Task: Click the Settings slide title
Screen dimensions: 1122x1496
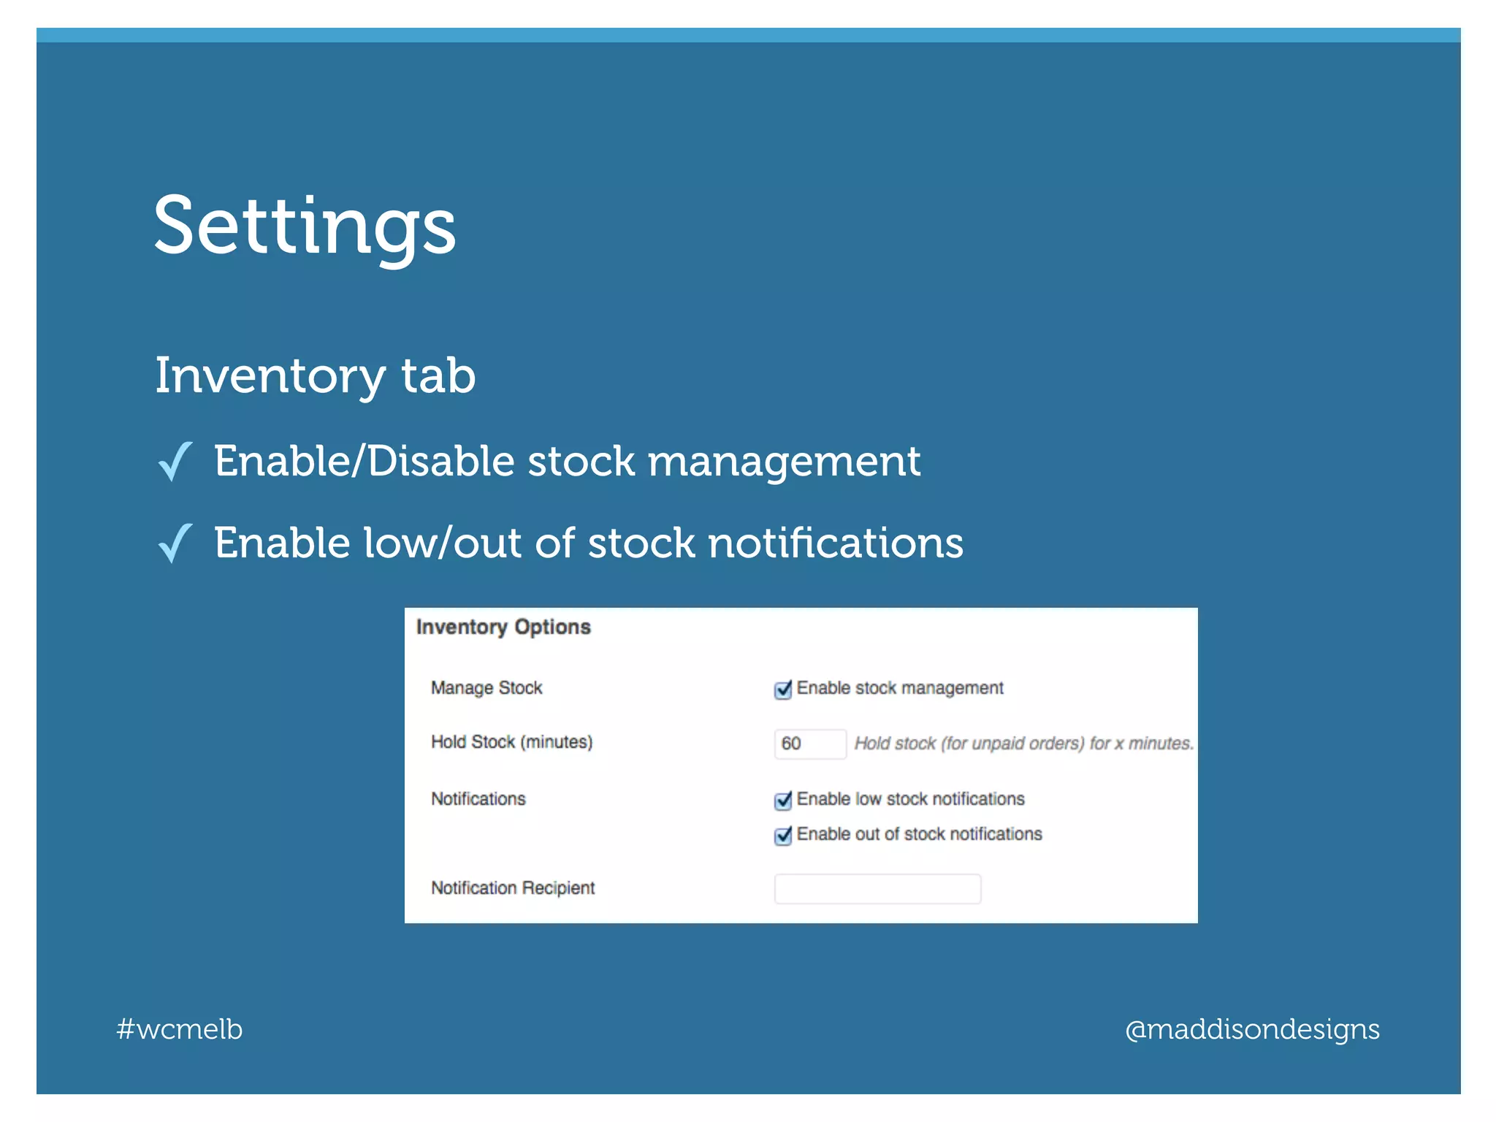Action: point(305,226)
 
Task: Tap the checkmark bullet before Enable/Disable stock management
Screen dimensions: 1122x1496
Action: point(175,462)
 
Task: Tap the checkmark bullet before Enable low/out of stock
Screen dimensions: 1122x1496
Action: point(175,543)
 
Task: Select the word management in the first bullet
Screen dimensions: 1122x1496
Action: point(784,462)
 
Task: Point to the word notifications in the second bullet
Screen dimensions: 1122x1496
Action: point(836,543)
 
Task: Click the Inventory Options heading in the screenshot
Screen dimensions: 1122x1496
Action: point(503,627)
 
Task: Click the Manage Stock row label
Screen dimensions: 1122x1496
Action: point(486,688)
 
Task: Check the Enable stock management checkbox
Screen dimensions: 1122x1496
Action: point(783,690)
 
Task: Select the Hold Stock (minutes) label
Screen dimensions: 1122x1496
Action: point(511,742)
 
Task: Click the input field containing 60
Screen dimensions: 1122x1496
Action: point(809,744)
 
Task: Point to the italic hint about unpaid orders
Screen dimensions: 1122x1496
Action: point(1023,744)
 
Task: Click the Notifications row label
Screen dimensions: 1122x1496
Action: point(478,799)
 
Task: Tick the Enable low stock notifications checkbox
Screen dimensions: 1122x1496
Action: point(783,801)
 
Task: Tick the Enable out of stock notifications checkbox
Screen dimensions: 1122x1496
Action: point(783,836)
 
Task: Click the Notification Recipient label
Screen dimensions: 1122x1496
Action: point(513,888)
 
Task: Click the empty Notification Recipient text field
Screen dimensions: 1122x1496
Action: point(877,889)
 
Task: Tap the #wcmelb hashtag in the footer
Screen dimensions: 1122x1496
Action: point(180,1029)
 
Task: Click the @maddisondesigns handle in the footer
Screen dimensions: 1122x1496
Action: point(1252,1029)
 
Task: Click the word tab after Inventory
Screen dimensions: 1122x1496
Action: point(438,376)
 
